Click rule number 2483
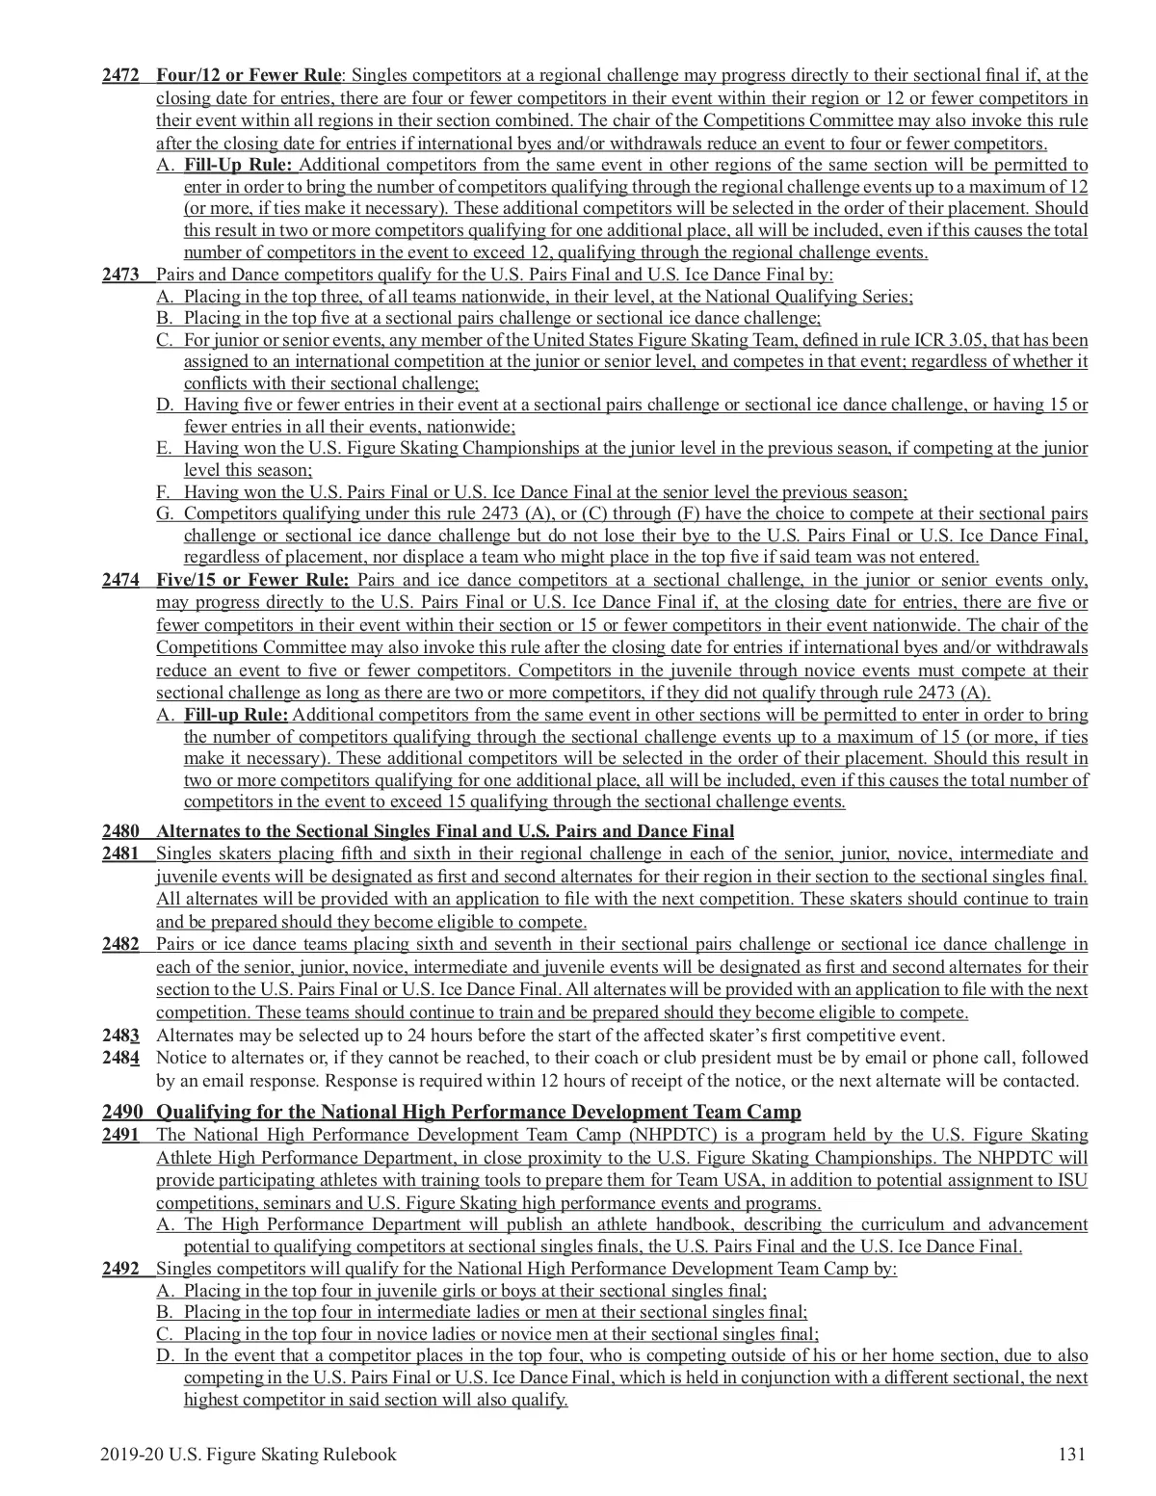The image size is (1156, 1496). (121, 1036)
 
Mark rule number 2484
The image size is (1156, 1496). (121, 1058)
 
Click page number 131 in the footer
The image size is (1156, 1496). (1071, 1455)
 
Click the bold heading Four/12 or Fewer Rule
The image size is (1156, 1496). (249, 75)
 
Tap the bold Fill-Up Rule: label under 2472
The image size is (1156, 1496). (238, 165)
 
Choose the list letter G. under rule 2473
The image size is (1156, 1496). (165, 513)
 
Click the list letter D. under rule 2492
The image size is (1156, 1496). (165, 1356)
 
